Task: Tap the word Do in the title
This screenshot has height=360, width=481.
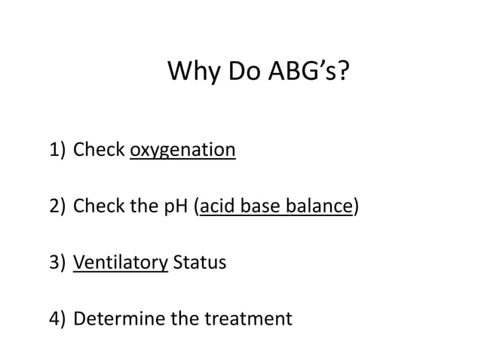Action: tap(240, 73)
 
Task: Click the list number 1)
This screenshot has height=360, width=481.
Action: tap(58, 151)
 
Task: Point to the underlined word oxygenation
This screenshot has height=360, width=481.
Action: tap(182, 151)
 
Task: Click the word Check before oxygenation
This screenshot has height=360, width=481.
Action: tap(99, 151)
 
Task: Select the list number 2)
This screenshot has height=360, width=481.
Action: tap(58, 206)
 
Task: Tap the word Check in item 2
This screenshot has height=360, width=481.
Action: tap(99, 206)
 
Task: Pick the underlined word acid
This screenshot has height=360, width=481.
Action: tap(218, 206)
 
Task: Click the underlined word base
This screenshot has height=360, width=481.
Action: tap(262, 206)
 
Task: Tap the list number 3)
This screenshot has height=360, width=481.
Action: tap(58, 263)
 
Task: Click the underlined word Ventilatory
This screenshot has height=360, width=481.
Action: tap(120, 263)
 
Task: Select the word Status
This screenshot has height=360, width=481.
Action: tap(199, 263)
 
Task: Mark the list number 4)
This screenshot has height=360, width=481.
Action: tap(58, 319)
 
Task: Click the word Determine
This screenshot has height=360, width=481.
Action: tap(119, 319)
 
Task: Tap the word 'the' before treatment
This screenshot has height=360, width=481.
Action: tap(185, 319)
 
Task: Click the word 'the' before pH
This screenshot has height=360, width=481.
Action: tap(146, 206)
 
